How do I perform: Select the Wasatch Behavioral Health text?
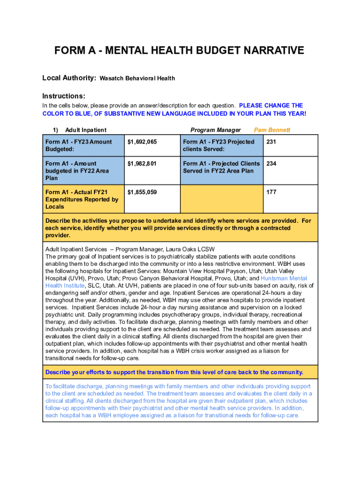coord(137,79)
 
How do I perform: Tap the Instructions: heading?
coord(64,96)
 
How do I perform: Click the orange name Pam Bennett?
coord(272,130)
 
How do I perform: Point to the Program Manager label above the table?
coord(216,130)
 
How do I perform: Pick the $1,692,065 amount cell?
coord(142,142)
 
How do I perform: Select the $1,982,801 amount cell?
coord(142,164)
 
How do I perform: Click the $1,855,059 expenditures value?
coord(142,192)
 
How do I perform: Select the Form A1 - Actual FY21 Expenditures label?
coord(82,199)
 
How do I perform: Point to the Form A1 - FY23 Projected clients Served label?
coord(219,145)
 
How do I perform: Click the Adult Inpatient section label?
coord(86,130)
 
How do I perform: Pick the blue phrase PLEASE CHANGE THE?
coord(271,106)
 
